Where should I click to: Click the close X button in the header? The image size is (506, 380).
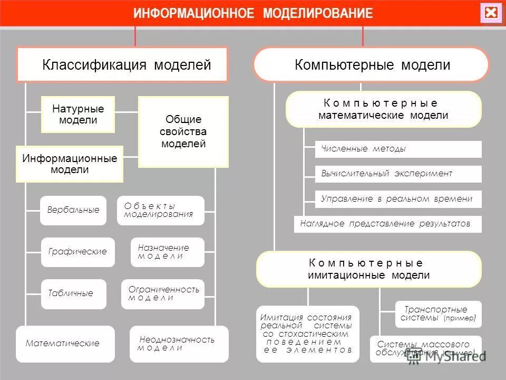(x=491, y=13)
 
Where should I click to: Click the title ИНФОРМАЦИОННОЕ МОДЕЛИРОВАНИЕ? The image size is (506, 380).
(x=253, y=13)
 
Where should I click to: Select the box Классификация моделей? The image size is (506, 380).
(x=122, y=65)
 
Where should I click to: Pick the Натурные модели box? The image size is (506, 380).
(x=78, y=115)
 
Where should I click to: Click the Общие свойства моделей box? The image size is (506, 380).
(x=183, y=132)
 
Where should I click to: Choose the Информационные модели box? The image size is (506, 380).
(x=70, y=164)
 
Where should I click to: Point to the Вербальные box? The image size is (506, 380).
(x=73, y=210)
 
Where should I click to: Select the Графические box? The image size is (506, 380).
(x=77, y=252)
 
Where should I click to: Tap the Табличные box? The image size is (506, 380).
(x=73, y=293)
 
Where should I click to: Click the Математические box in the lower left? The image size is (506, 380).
(x=65, y=344)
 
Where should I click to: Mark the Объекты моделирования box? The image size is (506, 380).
(x=160, y=210)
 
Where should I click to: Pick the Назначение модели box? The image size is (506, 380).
(x=167, y=252)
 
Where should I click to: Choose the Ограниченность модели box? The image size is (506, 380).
(x=166, y=294)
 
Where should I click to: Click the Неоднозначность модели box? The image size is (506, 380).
(x=179, y=344)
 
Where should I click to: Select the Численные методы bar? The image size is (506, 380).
(x=398, y=149)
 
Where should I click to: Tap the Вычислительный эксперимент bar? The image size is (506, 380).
(x=398, y=174)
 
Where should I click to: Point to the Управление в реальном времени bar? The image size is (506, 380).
(x=398, y=199)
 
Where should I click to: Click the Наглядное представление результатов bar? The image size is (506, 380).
(x=387, y=224)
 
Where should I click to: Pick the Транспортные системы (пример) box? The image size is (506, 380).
(x=438, y=314)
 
